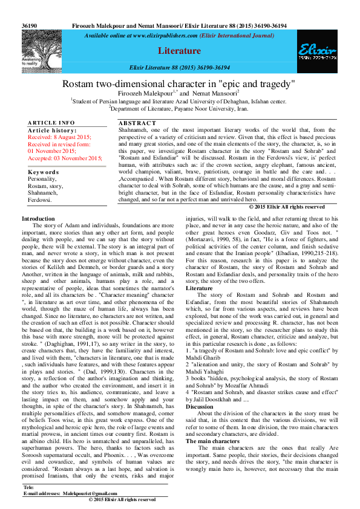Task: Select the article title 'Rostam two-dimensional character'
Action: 179,83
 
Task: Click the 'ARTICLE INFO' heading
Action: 51,123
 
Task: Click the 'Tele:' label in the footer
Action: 28,487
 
